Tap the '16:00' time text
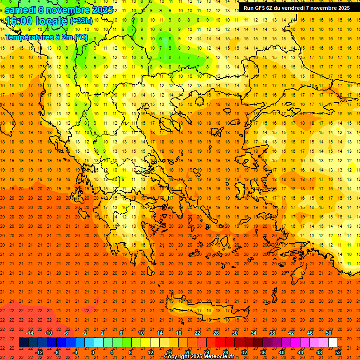pos(19,21)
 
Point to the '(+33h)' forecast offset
pos(81,21)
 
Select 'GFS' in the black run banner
pos(262,8)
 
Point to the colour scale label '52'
pos(338,352)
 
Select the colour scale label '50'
pos(329,333)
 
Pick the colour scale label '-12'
pos(39,352)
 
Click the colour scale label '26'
pos(216,333)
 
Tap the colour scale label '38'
pos(272,333)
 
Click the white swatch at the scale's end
pos(333,343)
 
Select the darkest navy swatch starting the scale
pos(23,343)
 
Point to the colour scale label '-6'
pos(67,333)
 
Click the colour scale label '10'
pos(141,333)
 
